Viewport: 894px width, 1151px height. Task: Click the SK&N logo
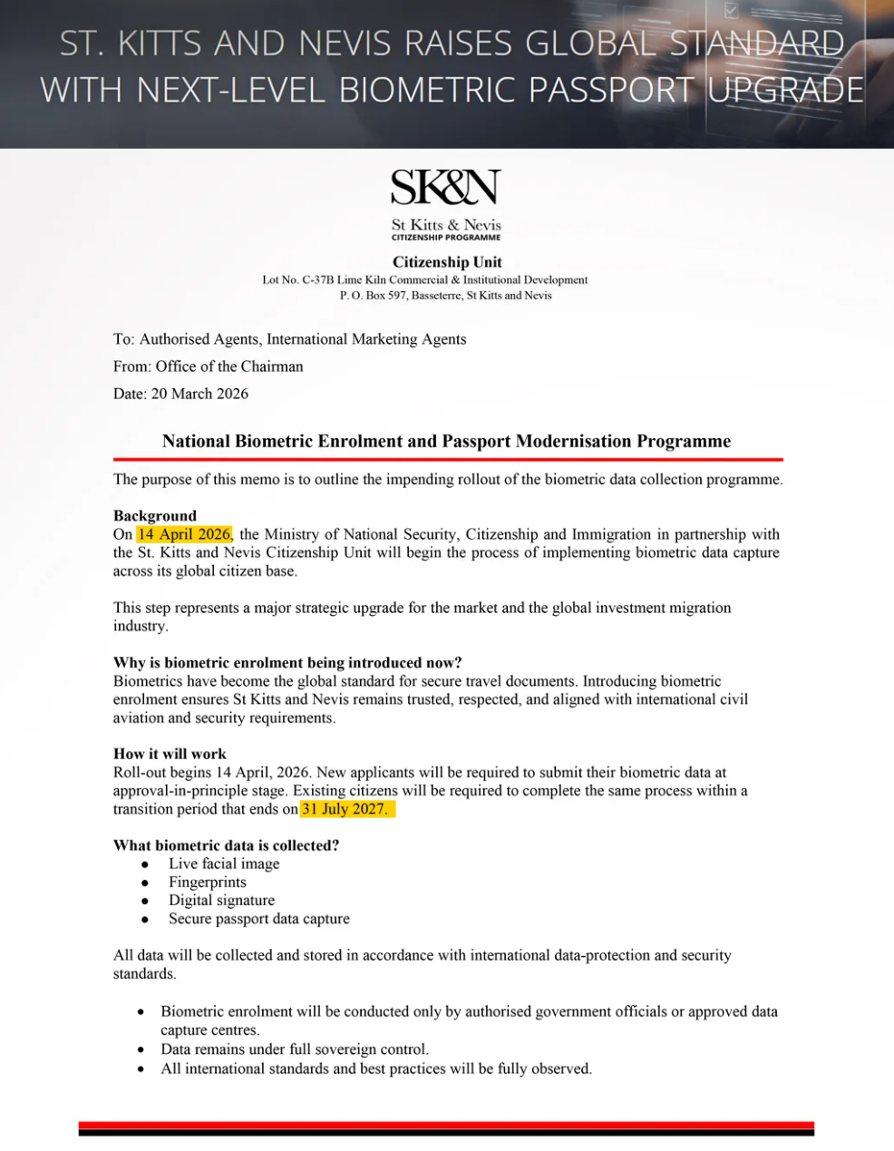(446, 188)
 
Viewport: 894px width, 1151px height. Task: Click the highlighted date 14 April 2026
(184, 534)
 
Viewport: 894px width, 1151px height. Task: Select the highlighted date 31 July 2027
(345, 809)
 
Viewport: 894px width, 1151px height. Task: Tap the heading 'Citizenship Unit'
(447, 262)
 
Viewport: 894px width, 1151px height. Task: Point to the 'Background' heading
(154, 516)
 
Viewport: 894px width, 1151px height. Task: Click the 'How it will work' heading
(170, 754)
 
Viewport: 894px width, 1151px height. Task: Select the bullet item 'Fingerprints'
(207, 882)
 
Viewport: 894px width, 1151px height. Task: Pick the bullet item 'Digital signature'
(221, 900)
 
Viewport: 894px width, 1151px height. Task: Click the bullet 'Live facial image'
(224, 863)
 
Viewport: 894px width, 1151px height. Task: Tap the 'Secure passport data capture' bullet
(258, 919)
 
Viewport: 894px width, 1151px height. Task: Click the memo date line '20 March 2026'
(180, 394)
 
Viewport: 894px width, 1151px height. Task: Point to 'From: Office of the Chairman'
(208, 366)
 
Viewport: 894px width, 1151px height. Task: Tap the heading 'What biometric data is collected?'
(226, 845)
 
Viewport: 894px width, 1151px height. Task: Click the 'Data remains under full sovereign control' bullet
(295, 1049)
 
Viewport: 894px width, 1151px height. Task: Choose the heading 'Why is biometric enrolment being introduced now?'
(287, 662)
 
